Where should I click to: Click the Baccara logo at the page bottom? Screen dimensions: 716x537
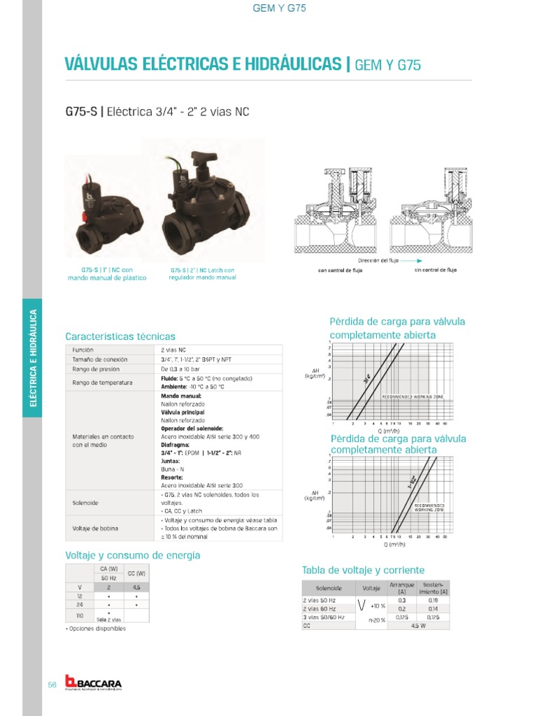point(92,682)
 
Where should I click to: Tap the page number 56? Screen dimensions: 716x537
point(52,685)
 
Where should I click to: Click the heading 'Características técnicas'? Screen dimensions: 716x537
point(120,336)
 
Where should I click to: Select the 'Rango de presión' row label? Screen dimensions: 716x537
point(96,368)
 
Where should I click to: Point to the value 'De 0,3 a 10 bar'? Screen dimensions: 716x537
point(180,368)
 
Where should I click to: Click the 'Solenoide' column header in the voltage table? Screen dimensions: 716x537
point(329,589)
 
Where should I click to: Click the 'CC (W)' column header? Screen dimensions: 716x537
point(136,573)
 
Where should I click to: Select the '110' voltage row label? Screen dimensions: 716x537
point(80,615)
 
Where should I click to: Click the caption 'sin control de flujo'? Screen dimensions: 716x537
point(435,270)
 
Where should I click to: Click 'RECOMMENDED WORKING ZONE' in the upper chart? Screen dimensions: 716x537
point(413,396)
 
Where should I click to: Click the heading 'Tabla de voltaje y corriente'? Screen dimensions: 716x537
point(363,570)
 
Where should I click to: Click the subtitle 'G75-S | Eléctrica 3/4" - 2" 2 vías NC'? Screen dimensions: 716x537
point(157,111)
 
